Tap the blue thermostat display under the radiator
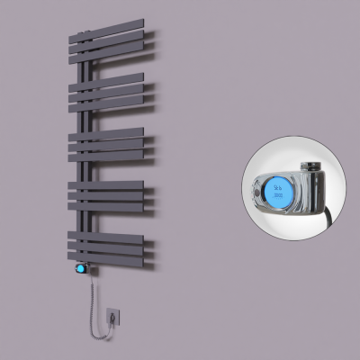(x=84, y=268)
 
